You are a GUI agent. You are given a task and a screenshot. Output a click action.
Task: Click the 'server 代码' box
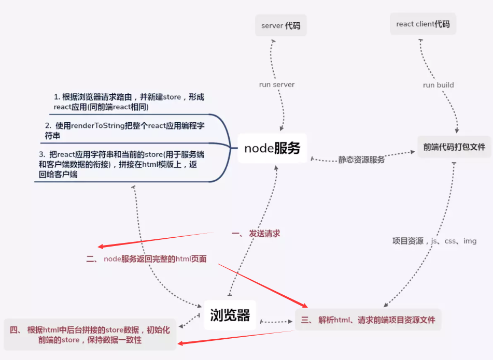pos(281,25)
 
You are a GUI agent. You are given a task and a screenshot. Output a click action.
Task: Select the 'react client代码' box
pos(423,24)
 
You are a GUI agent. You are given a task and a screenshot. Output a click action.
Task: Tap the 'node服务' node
pos(272,148)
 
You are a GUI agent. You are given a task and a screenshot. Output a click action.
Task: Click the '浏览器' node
pos(230,315)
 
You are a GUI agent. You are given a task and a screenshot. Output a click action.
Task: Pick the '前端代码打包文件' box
pos(454,147)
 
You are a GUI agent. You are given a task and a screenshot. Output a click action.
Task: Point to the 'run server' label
pos(277,84)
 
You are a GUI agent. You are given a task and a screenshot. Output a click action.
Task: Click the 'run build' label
pos(438,85)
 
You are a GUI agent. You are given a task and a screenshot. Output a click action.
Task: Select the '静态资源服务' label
pos(361,160)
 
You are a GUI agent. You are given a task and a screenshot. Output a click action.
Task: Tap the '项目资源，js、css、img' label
pos(434,241)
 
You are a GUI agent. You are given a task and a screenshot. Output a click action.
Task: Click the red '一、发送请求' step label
pos(256,234)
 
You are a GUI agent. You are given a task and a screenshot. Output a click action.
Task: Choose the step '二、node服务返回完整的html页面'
pos(146,259)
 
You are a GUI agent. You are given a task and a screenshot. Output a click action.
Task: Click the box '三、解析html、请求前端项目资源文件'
pos(368,320)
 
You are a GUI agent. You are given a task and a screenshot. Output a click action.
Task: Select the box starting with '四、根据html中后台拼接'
pos(90,335)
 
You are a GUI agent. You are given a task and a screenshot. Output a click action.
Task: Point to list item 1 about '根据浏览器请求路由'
pos(129,102)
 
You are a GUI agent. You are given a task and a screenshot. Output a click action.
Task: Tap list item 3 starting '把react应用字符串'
pos(122,164)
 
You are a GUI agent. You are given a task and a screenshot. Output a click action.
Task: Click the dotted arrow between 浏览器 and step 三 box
pos(276,321)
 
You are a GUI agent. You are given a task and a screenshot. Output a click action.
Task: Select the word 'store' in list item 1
pos(172,97)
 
